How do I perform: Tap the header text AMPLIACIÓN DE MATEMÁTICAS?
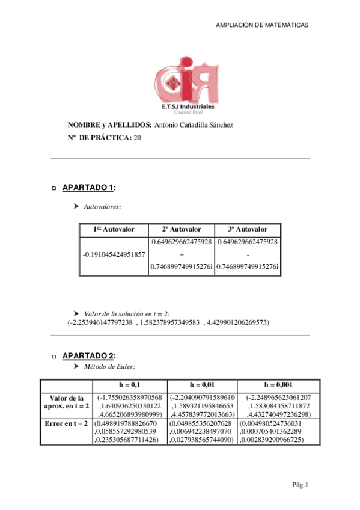261,25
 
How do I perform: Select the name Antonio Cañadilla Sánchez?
194,125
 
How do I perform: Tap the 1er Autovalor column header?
114,229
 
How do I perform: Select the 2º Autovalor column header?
182,229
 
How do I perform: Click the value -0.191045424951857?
114,254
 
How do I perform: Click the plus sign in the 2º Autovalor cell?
182,254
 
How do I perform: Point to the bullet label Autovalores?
102,206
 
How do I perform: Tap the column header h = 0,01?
203,385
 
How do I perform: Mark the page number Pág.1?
300,485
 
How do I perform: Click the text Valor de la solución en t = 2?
127,313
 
